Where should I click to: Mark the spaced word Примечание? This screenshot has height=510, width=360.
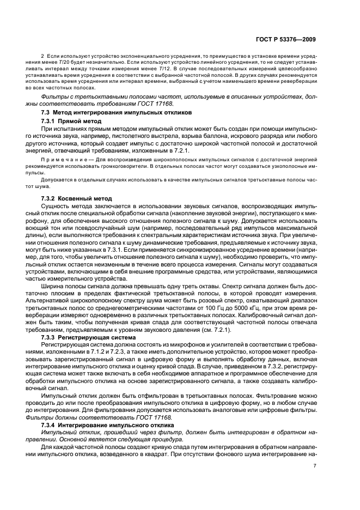[60, 159]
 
